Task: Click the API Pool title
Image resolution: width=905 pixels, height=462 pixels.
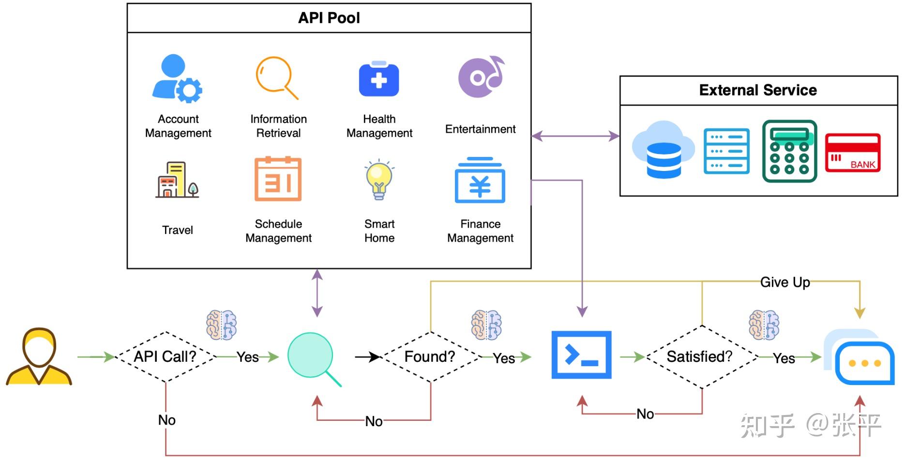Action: point(329,18)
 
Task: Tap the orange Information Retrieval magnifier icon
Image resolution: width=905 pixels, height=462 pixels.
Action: point(276,77)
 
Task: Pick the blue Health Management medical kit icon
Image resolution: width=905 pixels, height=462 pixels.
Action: point(379,79)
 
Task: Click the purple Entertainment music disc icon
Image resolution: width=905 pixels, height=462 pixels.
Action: point(481,77)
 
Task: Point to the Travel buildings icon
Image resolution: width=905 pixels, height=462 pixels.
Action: point(177,180)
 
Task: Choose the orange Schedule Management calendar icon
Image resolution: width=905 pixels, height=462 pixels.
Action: point(278,179)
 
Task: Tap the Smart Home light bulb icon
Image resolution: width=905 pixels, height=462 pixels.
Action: point(379,180)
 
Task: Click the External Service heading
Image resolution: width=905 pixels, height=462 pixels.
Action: point(758,90)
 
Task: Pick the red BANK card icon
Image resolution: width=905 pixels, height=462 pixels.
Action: point(853,153)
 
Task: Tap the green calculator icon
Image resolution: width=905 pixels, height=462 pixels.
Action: point(789,151)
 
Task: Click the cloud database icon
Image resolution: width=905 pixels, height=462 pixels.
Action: point(663,150)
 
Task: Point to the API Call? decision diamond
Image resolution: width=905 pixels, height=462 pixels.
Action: point(166,357)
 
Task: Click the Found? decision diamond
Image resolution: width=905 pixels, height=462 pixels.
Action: point(430,357)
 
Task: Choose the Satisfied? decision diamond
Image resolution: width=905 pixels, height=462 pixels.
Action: point(701,357)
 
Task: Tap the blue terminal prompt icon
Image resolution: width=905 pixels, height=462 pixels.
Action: point(581,355)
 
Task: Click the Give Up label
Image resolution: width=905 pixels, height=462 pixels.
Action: point(785,282)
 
